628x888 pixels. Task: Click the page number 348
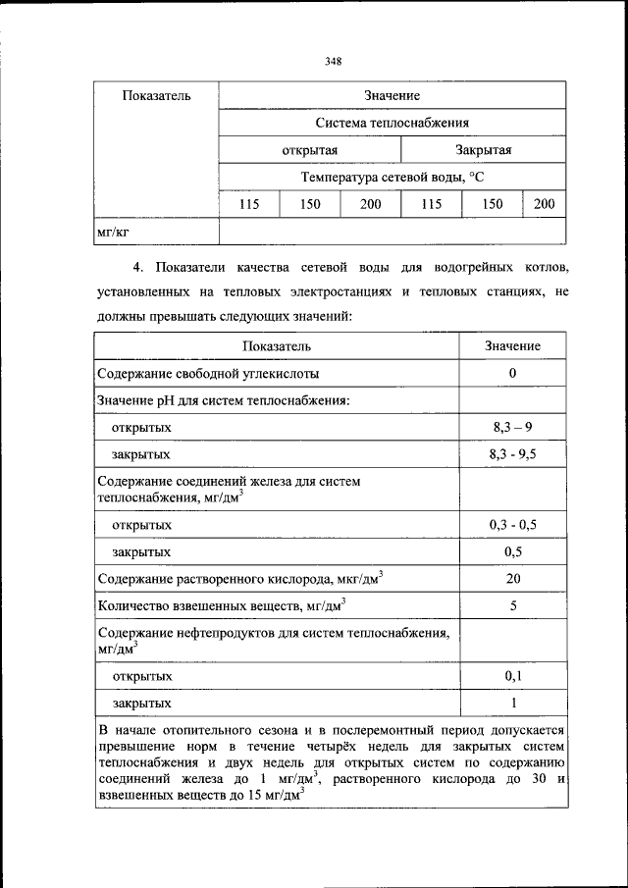[x=333, y=61]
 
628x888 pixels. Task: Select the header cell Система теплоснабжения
[x=392, y=123]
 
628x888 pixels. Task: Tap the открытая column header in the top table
[x=309, y=150]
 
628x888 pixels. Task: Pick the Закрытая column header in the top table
[x=483, y=150]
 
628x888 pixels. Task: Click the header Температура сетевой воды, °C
[x=392, y=177]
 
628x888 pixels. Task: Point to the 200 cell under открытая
[x=370, y=204]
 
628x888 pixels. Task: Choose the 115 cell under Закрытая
[x=431, y=204]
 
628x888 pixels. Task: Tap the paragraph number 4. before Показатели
[x=137, y=267]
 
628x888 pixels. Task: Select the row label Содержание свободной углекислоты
[x=207, y=374]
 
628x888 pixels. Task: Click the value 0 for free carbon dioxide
[x=512, y=374]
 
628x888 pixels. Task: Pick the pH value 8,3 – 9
[x=512, y=428]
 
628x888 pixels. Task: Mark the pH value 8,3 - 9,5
[x=512, y=455]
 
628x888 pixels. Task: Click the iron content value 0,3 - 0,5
[x=512, y=525]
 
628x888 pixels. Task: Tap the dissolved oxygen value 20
[x=512, y=579]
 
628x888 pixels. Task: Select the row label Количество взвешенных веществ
[x=221, y=605]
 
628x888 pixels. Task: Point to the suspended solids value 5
[x=512, y=605]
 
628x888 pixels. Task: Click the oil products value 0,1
[x=512, y=676]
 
